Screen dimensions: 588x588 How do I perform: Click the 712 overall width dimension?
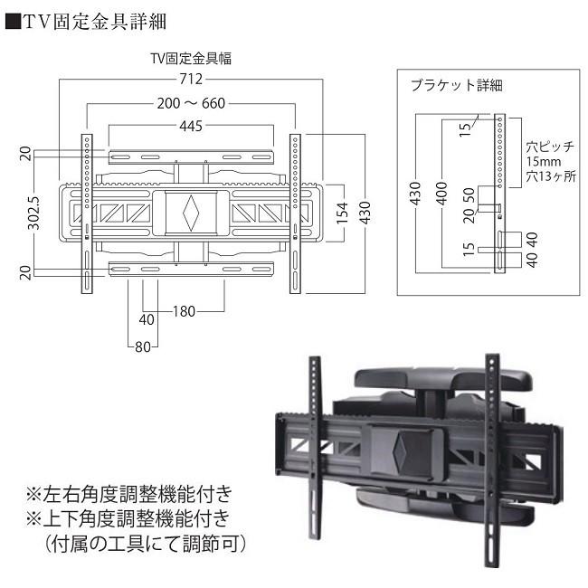191,80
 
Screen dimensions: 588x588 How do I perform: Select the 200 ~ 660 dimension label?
192,103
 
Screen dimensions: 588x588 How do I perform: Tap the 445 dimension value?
191,128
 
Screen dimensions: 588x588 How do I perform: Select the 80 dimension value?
141,346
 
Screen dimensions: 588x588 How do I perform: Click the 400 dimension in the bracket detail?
442,194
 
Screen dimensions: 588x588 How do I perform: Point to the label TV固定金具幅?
191,59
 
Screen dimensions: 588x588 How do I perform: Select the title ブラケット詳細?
455,86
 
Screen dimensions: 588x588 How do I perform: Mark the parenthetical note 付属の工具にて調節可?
139,546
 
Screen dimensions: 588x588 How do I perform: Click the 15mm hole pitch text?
542,161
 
